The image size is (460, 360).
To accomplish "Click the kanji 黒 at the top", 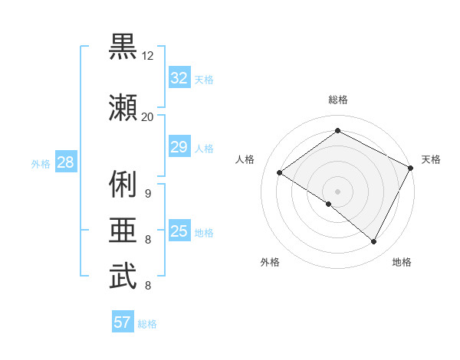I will coord(123,47).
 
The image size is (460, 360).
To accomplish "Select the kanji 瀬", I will coord(123,107).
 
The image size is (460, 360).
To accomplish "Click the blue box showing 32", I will coord(179,78).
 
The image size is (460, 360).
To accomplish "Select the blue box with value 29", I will coord(179,147).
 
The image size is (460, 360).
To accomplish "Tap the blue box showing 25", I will coord(179,231).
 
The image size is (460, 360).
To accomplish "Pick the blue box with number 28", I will coord(64,162).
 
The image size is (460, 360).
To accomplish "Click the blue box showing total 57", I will coord(123,322).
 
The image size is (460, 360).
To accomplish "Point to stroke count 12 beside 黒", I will coord(148,56).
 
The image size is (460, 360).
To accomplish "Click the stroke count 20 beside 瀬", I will coord(148,116).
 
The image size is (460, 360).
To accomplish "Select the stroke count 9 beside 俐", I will coord(148,193).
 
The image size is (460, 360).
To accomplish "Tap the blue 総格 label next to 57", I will coord(147,324).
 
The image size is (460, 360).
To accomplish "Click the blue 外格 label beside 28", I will coord(40,163).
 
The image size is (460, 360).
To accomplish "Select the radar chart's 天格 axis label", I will coord(431,159).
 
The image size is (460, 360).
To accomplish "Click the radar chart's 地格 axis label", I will coord(402,262).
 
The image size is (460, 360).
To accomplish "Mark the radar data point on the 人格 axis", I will coord(279,172).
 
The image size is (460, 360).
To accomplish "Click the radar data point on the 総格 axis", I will coord(337,131).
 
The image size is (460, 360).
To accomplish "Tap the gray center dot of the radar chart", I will coord(337,191).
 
